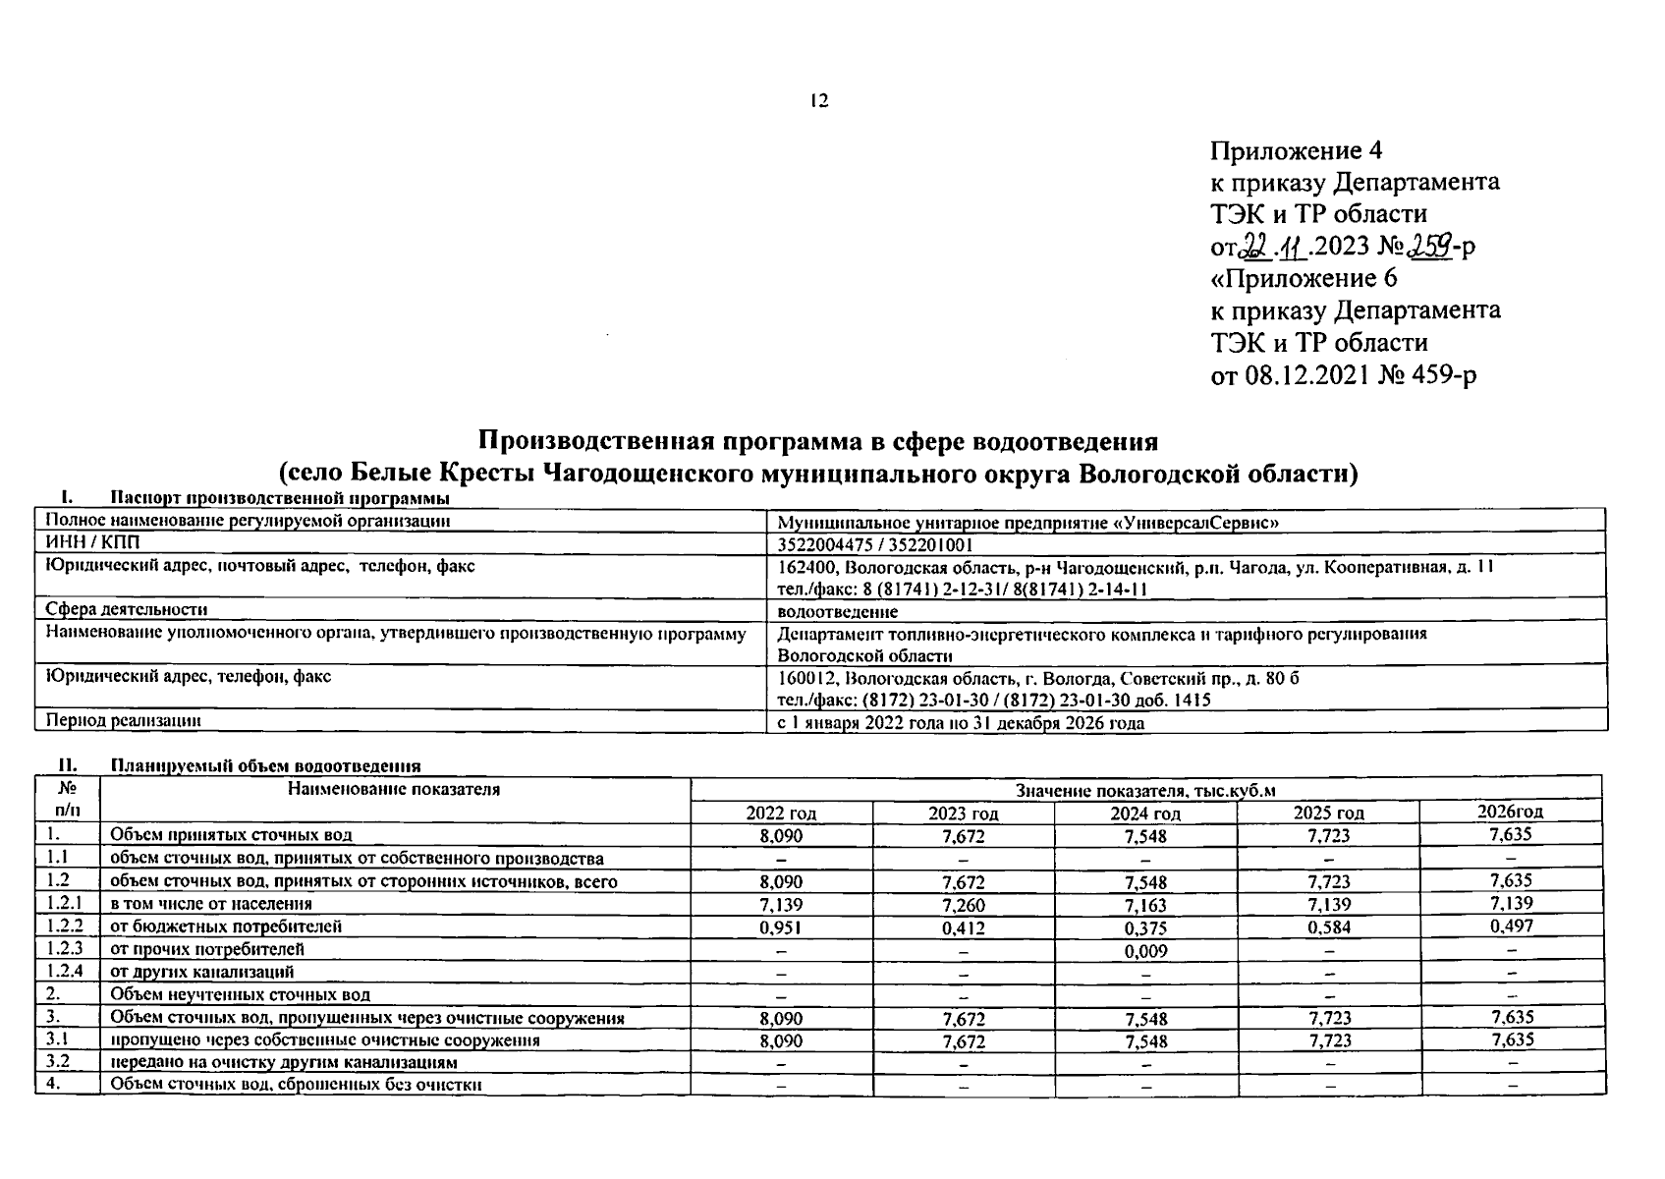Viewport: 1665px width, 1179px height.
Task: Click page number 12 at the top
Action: pyautogui.click(x=819, y=101)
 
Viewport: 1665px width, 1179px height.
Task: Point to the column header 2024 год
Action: pyautogui.click(x=1145, y=814)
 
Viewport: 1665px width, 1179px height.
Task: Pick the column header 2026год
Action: pyautogui.click(x=1510, y=812)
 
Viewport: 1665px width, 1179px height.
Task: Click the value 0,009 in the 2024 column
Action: pyautogui.click(x=1146, y=950)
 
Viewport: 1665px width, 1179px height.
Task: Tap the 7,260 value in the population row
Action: pyautogui.click(x=963, y=905)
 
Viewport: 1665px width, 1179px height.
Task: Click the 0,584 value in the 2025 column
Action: pyautogui.click(x=1328, y=926)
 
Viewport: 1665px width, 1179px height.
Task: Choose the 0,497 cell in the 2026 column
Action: pyautogui.click(x=1511, y=926)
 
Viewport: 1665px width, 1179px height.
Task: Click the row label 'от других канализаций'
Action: pyautogui.click(x=201, y=972)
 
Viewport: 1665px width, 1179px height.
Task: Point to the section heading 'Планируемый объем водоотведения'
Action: pyautogui.click(x=265, y=765)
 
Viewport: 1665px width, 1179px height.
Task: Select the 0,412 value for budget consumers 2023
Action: pyautogui.click(x=963, y=927)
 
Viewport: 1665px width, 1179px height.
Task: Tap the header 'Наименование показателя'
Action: pyautogui.click(x=394, y=789)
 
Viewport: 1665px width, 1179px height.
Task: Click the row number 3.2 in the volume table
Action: pyautogui.click(x=59, y=1062)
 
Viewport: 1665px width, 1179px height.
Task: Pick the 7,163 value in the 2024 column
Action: pyautogui.click(x=1146, y=905)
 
